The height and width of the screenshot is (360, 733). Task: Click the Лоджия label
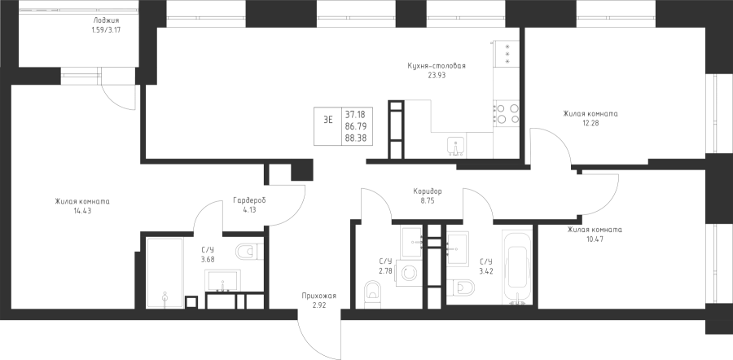[x=106, y=20]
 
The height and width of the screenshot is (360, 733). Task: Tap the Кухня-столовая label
[x=437, y=66]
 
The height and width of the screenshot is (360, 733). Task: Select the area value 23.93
[x=437, y=75]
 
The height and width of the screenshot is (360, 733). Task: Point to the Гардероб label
[x=250, y=200]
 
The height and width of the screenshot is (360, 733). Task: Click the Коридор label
[x=428, y=191]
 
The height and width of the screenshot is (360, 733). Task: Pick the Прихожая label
[x=318, y=296]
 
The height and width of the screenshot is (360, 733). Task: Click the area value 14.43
[x=81, y=211]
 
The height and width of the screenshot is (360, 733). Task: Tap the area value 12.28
[x=590, y=123]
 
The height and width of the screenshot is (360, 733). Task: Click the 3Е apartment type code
[x=328, y=119]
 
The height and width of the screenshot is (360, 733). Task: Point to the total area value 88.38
[x=356, y=138]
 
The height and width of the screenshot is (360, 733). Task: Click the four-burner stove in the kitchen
[x=507, y=113]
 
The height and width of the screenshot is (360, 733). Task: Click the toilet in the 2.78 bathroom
[x=372, y=291]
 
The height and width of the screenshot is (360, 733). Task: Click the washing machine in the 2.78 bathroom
[x=409, y=273]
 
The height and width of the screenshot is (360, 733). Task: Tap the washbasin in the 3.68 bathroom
[x=222, y=280]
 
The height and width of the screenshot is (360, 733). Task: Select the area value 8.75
[x=428, y=200]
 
